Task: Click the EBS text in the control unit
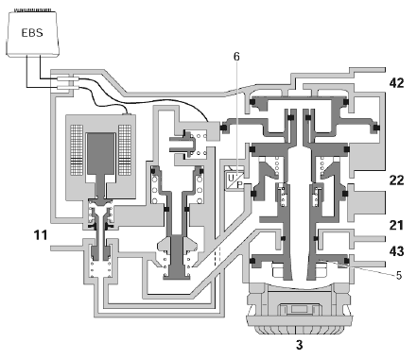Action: (32, 33)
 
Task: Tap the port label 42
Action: (396, 83)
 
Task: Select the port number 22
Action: (396, 180)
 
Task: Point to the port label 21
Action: (396, 226)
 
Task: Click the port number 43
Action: (396, 251)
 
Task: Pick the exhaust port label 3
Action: (299, 345)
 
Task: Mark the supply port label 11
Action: (41, 235)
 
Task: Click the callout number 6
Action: (236, 57)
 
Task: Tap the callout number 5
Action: (399, 275)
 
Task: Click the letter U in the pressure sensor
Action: (231, 178)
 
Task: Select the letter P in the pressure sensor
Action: (240, 184)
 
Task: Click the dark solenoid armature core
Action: (101, 153)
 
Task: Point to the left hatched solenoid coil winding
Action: (77, 150)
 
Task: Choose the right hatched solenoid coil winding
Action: (125, 150)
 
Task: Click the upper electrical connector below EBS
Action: (65, 78)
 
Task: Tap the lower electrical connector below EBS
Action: (65, 85)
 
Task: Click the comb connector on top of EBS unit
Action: (31, 10)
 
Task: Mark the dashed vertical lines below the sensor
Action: (217, 256)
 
